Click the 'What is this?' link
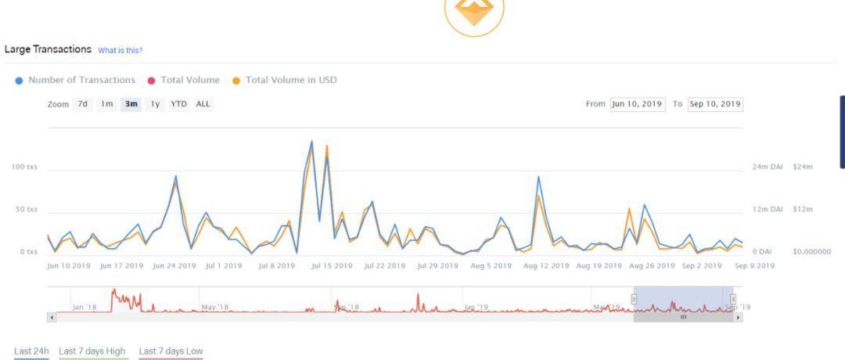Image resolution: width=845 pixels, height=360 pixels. [120, 51]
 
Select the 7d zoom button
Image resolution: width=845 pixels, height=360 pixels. [83, 104]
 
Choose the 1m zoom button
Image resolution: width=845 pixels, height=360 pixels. [106, 104]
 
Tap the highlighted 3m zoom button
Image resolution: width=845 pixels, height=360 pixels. [131, 104]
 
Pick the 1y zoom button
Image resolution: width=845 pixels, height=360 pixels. [156, 104]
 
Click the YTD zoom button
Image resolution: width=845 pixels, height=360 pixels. [179, 104]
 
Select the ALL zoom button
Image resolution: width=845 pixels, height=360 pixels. [203, 104]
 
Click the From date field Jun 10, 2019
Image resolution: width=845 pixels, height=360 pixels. [637, 104]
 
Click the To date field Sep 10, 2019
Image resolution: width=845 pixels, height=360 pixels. [715, 104]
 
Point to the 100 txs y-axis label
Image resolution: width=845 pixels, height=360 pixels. [24, 167]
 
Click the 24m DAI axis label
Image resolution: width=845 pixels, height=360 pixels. [768, 167]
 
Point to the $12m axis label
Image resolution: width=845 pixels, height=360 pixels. [803, 210]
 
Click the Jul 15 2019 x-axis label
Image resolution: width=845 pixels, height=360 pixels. [331, 266]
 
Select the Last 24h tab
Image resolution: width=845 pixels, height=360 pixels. [31, 351]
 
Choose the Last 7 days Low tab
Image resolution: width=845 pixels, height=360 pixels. [171, 351]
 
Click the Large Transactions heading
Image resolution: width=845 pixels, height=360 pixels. [48, 49]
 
